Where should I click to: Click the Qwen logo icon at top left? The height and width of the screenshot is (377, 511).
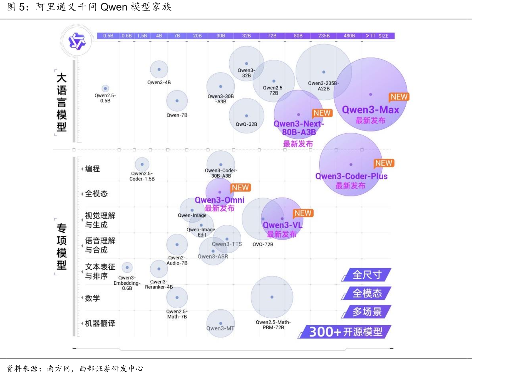point(77,41)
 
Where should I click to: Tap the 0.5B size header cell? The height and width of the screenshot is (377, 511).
point(108,36)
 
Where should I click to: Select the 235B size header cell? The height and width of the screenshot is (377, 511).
point(324,36)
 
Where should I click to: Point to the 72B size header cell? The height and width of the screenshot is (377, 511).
point(272,36)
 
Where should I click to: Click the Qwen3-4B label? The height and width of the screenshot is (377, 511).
point(159,82)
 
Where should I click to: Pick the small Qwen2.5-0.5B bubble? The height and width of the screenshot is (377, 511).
point(105,88)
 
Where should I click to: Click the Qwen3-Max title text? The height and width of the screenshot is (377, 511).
point(370,110)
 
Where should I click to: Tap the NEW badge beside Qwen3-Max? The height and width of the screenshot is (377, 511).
point(399,97)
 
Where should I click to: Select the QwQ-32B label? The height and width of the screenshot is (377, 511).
point(246,124)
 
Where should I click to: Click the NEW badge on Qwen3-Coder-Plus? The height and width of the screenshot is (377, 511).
point(384,163)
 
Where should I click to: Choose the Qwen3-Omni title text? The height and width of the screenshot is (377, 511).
point(219,200)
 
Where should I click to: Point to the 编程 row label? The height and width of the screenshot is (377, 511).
point(92,169)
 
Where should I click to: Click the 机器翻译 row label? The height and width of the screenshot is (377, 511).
point(100,323)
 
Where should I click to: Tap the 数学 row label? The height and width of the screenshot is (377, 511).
point(92,298)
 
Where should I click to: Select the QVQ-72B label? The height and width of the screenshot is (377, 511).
point(263,244)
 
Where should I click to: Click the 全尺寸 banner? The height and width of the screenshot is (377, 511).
point(366,275)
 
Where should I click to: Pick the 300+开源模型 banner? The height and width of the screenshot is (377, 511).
point(345,332)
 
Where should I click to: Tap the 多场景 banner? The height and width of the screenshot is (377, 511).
point(366,312)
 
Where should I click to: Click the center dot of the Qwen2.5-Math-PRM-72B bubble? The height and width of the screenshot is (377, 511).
point(272,297)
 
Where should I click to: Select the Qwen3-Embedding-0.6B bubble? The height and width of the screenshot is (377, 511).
point(127,267)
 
